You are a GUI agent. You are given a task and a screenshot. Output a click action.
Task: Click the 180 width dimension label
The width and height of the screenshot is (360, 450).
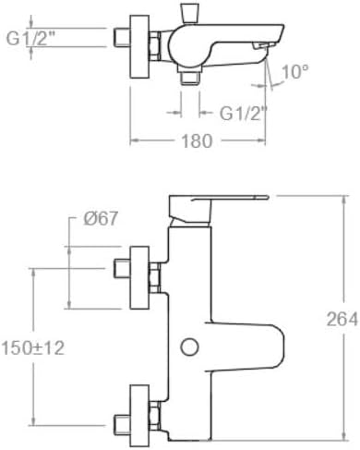point(197,141)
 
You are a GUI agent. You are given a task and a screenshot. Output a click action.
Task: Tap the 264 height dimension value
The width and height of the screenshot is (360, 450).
point(342,319)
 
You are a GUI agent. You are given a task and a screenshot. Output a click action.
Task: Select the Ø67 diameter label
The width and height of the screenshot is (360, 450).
point(101,219)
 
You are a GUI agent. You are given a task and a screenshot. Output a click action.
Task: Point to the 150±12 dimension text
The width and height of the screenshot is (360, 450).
point(33,348)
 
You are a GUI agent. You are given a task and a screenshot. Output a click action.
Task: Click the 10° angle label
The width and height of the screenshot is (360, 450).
point(294,72)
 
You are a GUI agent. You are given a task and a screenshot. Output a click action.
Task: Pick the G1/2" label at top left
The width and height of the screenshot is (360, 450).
point(30,39)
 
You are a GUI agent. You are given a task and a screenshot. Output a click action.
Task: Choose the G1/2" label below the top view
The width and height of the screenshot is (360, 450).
point(243,114)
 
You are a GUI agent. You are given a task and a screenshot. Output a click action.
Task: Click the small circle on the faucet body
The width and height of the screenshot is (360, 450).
point(189,347)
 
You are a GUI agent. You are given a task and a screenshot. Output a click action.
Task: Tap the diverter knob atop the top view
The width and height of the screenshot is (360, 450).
point(190,13)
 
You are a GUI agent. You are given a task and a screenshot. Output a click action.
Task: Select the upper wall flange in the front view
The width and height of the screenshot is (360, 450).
point(139,277)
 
